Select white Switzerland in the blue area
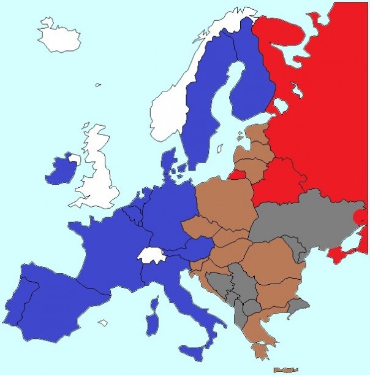pyautogui.click(x=149, y=255)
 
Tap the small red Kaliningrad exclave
pyautogui.click(x=238, y=175)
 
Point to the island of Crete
pyautogui.click(x=285, y=370)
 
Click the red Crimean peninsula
pyautogui.click(x=338, y=253)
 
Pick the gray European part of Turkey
pyautogui.click(x=298, y=304)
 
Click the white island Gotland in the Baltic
pyautogui.click(x=220, y=149)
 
